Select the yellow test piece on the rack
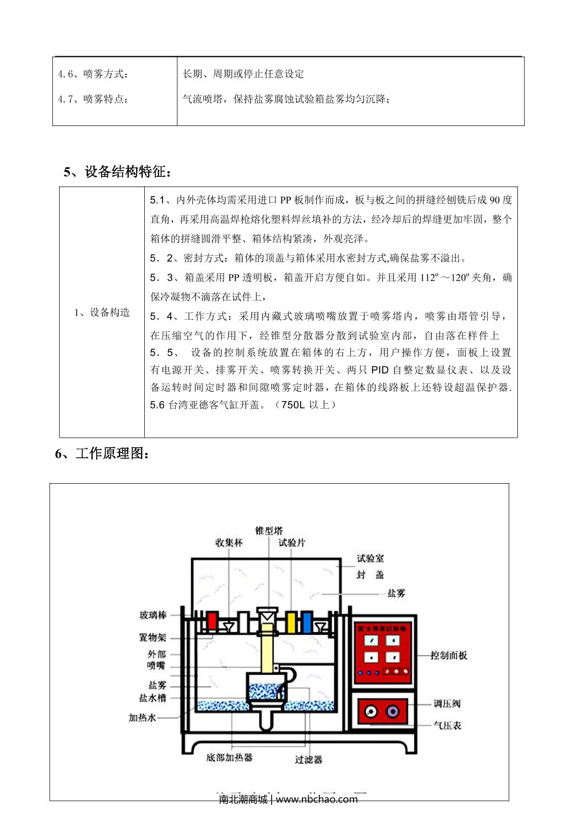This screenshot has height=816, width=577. click(290, 622)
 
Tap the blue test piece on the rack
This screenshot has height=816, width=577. click(307, 622)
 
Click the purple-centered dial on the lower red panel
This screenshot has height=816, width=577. click(392, 711)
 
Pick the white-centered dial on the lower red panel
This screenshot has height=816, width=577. click(370, 711)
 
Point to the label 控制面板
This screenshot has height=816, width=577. click(448, 655)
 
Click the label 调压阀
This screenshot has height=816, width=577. click(447, 703)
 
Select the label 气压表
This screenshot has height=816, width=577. click(447, 725)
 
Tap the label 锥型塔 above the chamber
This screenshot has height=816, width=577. click(269, 530)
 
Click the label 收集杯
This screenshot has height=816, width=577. click(229, 542)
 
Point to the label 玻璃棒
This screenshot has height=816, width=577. click(153, 615)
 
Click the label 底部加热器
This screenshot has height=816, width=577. click(229, 757)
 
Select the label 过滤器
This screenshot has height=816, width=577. click(308, 759)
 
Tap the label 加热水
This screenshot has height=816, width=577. click(142, 717)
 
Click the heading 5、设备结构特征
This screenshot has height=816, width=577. click(117, 172)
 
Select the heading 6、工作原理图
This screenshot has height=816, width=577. click(102, 453)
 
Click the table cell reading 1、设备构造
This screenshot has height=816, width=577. click(102, 313)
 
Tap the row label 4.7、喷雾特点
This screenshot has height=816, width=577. click(93, 99)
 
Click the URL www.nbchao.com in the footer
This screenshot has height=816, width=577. click(316, 799)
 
